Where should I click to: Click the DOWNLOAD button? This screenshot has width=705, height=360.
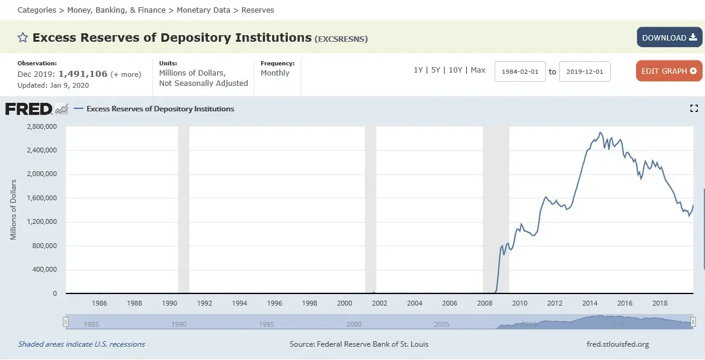point(669,38)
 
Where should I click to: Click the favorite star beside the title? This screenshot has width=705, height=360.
point(23,38)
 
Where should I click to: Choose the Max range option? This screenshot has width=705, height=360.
point(478,70)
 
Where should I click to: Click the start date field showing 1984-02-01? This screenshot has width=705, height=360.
point(520,71)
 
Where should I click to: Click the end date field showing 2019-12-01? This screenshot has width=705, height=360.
point(585,71)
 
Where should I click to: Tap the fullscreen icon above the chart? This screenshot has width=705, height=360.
point(694,108)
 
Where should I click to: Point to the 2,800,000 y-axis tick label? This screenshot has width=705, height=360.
point(41,126)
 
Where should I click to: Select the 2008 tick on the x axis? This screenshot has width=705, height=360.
point(485,303)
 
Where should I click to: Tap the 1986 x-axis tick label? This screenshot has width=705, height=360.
point(99,303)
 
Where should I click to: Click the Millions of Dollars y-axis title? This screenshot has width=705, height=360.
point(13,209)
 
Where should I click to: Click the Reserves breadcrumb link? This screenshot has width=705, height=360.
point(258,10)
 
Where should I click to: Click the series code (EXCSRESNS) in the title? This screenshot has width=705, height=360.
point(341,39)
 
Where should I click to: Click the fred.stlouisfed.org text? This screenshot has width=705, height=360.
point(617,344)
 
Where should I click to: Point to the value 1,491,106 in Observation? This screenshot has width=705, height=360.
point(83,74)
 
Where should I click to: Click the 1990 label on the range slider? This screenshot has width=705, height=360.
point(179,324)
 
